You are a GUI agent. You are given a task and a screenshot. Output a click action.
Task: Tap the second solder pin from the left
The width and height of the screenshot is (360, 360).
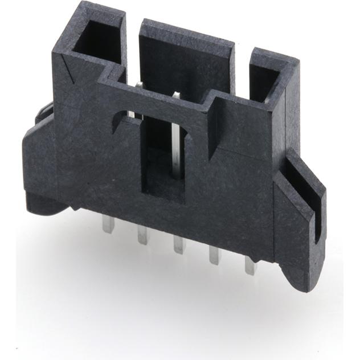(142, 234)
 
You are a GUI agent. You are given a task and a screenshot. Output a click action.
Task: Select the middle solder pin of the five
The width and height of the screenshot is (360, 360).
(179, 243)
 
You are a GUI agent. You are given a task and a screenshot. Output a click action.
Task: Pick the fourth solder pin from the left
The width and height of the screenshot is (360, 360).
(215, 254)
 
